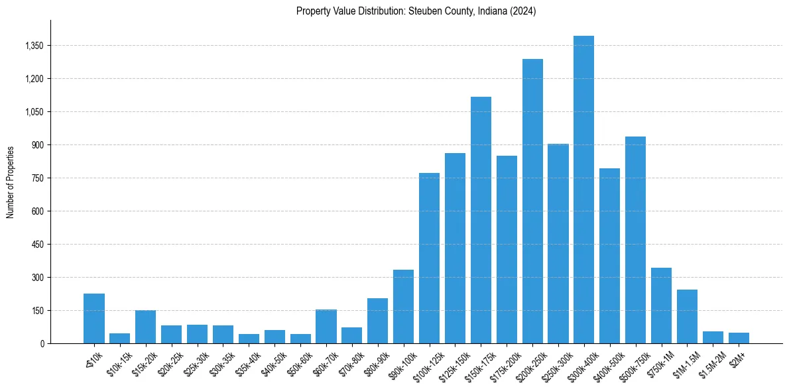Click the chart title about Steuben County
tap(416, 11)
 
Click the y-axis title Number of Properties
tap(11, 182)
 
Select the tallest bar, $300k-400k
tap(583, 190)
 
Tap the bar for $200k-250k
tap(532, 201)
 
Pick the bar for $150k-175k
tap(481, 220)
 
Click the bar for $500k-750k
tap(635, 240)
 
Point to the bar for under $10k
tap(94, 319)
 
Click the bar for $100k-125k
tap(429, 258)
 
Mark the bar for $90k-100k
tap(403, 307)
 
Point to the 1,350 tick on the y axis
tap(33, 46)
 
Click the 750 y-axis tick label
tap(37, 178)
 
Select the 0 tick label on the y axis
tap(42, 344)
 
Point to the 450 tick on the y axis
tap(37, 245)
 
